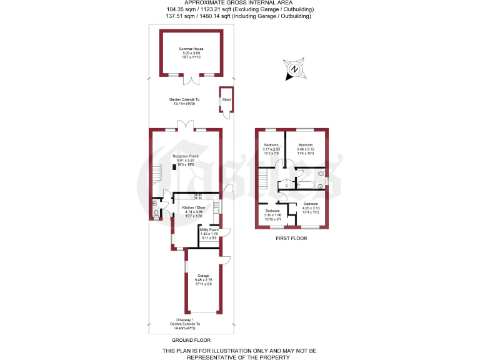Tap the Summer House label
coord(191,51)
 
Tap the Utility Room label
coord(209,233)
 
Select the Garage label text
coord(204,278)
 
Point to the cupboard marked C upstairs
coord(286,185)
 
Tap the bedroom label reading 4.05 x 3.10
coord(311,207)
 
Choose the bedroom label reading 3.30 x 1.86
coord(272,215)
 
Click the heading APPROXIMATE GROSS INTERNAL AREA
coord(241,3)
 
